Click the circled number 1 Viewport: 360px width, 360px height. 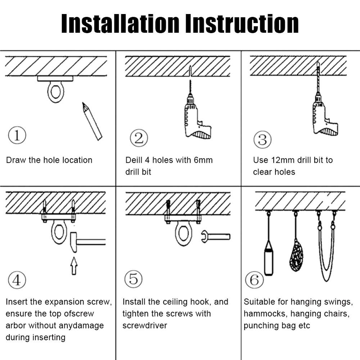[x=17, y=136]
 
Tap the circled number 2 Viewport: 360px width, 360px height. [x=139, y=138]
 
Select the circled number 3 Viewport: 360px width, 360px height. [x=262, y=139]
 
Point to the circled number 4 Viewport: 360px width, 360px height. [x=17, y=280]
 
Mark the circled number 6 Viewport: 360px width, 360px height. [x=254, y=280]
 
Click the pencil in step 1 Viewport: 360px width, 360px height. [x=92, y=121]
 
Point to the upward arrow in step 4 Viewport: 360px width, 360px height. [x=74, y=266]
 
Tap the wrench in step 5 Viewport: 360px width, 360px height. [x=215, y=237]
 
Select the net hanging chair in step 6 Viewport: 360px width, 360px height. [x=296, y=256]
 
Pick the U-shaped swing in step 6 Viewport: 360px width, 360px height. [x=326, y=252]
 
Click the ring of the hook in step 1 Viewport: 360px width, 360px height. [x=55, y=92]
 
